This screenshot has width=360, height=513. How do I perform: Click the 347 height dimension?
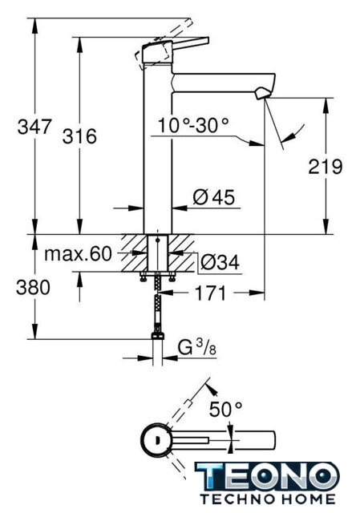(x=34, y=127)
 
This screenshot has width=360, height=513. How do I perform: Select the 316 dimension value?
(x=79, y=136)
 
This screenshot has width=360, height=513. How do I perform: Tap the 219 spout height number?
(x=326, y=167)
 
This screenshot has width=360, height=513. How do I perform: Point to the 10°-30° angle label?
(x=193, y=125)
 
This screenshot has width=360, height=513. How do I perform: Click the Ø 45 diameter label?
(x=214, y=197)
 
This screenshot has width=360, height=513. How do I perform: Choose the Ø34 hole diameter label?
(x=220, y=262)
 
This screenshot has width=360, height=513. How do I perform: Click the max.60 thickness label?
(x=78, y=253)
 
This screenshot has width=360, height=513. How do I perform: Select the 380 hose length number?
(x=33, y=288)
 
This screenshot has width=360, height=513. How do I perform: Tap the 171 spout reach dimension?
(x=210, y=293)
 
